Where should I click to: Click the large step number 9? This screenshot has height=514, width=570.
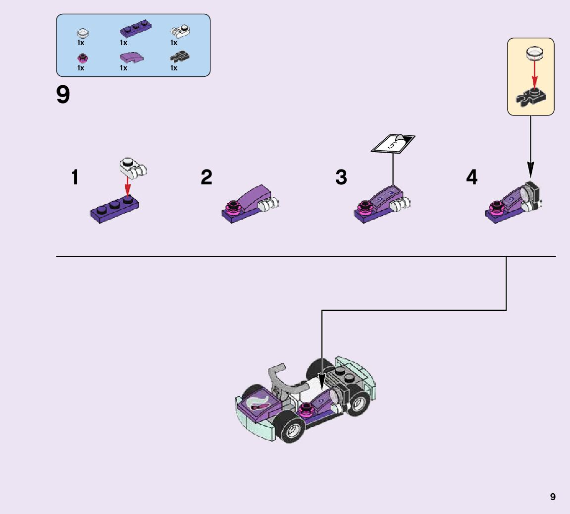[x=63, y=95]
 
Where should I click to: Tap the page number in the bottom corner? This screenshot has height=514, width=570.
[x=553, y=497]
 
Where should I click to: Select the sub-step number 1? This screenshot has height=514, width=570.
[x=75, y=177]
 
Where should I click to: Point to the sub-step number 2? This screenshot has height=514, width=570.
[x=207, y=177]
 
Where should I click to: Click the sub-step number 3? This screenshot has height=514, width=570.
[x=341, y=177]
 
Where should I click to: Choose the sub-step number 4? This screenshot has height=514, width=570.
[x=472, y=177]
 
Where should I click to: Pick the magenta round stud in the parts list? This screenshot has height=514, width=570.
[x=82, y=58]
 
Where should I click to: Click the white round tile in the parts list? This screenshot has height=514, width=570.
[x=83, y=33]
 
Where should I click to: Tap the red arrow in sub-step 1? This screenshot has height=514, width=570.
[x=128, y=187]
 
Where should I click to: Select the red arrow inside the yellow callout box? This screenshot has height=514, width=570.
[x=534, y=74]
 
